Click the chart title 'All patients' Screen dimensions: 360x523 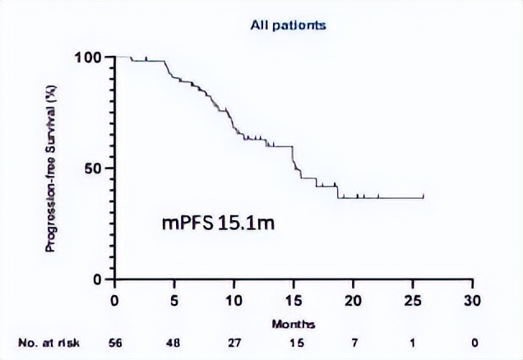point(288,25)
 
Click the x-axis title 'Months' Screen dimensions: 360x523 point(293,324)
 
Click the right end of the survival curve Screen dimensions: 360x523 point(423,196)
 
